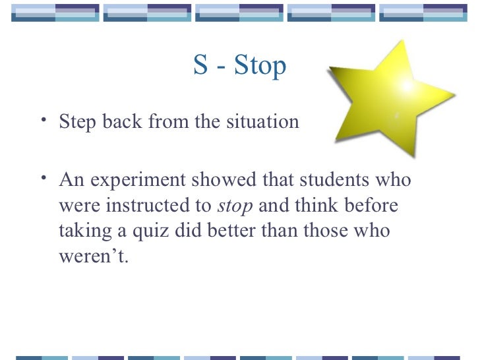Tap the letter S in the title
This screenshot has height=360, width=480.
tap(200, 66)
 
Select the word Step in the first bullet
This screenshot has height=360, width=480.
tap(78, 123)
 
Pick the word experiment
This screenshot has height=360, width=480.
tap(132, 181)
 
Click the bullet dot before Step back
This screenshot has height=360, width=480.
tap(43, 120)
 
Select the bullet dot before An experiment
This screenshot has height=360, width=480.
tap(43, 177)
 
